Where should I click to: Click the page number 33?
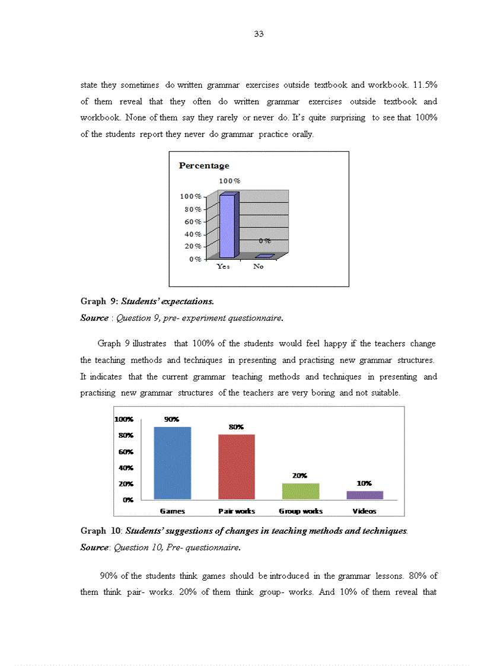259,34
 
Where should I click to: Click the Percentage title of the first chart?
203,165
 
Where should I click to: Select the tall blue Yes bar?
228,225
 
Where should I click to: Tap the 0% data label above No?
265,241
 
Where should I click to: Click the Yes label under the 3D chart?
223,267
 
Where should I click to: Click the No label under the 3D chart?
258,267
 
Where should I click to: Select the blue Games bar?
172,463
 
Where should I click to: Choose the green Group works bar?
301,491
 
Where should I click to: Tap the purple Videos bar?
365,495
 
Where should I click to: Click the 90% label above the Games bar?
171,419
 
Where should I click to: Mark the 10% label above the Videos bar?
364,483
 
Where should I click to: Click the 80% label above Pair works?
236,427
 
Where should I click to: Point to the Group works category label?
301,511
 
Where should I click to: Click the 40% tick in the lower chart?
126,467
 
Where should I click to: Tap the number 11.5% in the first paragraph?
425,85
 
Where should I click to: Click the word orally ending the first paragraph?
302,134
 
